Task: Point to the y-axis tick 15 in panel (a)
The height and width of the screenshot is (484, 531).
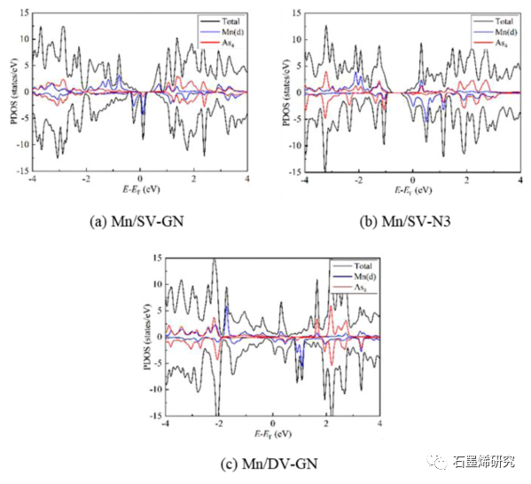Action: tap(25, 13)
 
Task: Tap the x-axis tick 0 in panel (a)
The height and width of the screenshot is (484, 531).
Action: tap(140, 179)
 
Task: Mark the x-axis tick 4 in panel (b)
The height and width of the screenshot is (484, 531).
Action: tap(519, 179)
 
